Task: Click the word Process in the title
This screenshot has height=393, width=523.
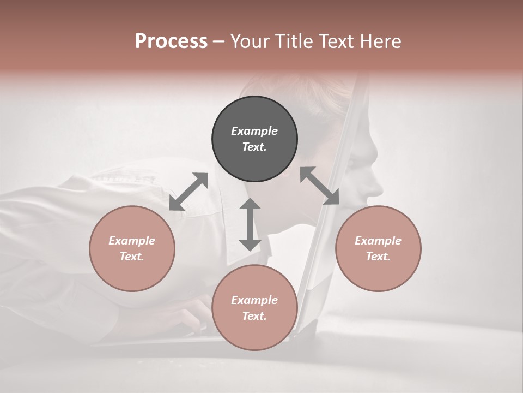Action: pos(171,41)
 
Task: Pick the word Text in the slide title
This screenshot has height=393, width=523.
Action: pos(337,41)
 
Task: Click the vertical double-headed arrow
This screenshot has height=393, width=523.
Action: pos(250,224)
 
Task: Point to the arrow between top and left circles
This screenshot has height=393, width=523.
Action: pos(189,192)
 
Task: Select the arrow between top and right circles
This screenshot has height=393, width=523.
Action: pos(319,186)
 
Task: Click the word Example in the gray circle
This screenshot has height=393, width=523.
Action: pos(254,131)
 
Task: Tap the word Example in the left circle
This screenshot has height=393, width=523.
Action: pos(132,241)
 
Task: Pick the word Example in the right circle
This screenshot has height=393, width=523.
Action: pos(378,241)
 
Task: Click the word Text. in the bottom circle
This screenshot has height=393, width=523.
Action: pos(254,316)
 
